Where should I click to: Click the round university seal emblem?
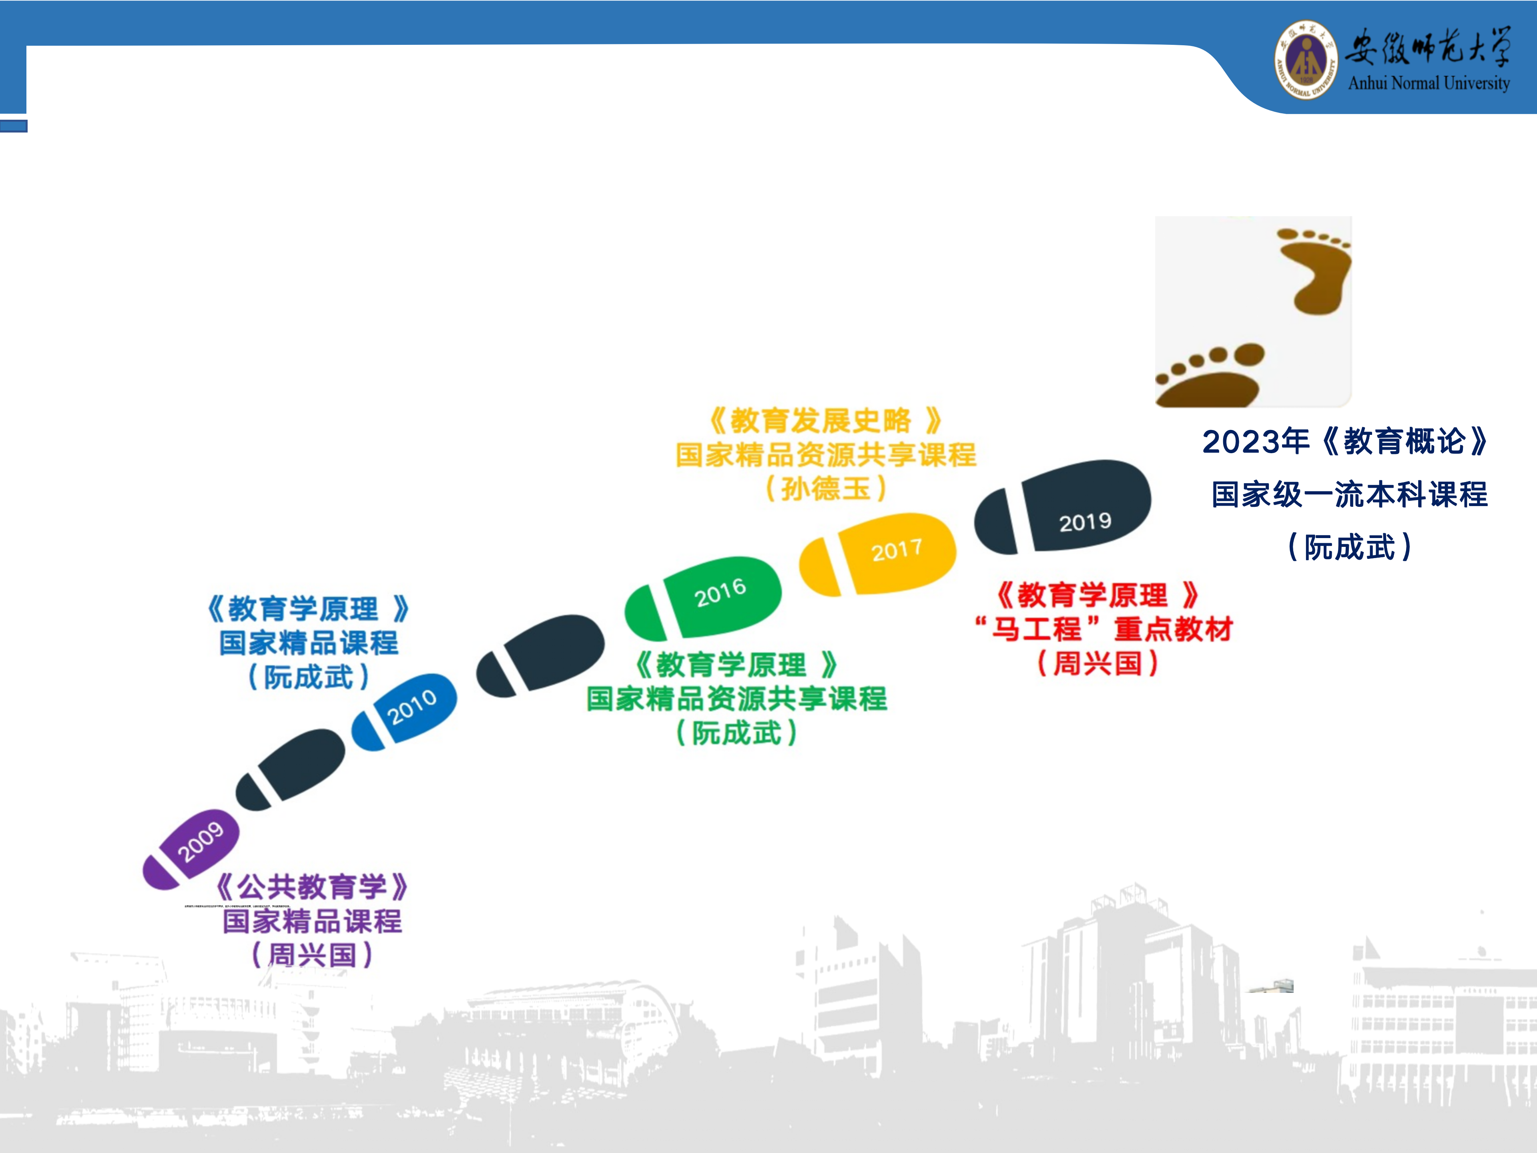pos(1306,59)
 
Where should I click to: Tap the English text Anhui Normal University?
pos(1429,83)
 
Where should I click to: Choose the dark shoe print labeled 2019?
pos(1063,507)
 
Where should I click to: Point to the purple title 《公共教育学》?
pos(311,887)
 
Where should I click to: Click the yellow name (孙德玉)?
pos(825,488)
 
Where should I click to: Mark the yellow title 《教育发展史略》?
pos(825,420)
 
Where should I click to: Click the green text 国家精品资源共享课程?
pos(736,699)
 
